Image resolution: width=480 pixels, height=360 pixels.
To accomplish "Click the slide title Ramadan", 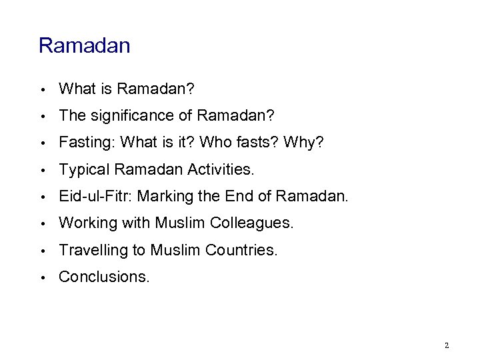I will (x=84, y=46).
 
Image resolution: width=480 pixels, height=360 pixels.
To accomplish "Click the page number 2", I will (x=447, y=345).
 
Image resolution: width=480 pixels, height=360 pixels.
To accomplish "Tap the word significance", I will (x=137, y=115).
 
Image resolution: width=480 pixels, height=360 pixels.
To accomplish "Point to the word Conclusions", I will (x=104, y=277).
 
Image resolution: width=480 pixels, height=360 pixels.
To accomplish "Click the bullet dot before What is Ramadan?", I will (x=42, y=89).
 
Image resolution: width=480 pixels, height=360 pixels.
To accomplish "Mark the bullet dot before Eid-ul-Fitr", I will (x=42, y=197).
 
